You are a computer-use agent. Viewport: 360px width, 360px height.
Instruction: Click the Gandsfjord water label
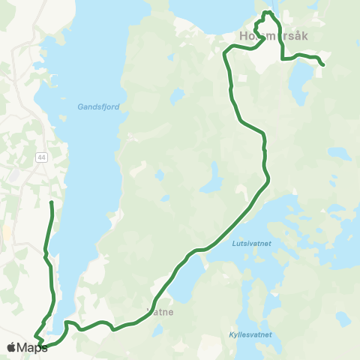[98, 107]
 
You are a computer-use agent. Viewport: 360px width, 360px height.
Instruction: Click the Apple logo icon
[11, 348]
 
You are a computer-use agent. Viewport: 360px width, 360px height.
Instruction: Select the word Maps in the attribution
[32, 348]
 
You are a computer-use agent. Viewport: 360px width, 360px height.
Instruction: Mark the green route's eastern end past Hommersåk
[323, 66]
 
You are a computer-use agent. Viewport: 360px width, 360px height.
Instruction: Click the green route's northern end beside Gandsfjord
[51, 202]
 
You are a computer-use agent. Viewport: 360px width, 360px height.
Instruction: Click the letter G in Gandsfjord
[80, 107]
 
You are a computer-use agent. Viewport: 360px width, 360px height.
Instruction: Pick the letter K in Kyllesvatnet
[230, 334]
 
